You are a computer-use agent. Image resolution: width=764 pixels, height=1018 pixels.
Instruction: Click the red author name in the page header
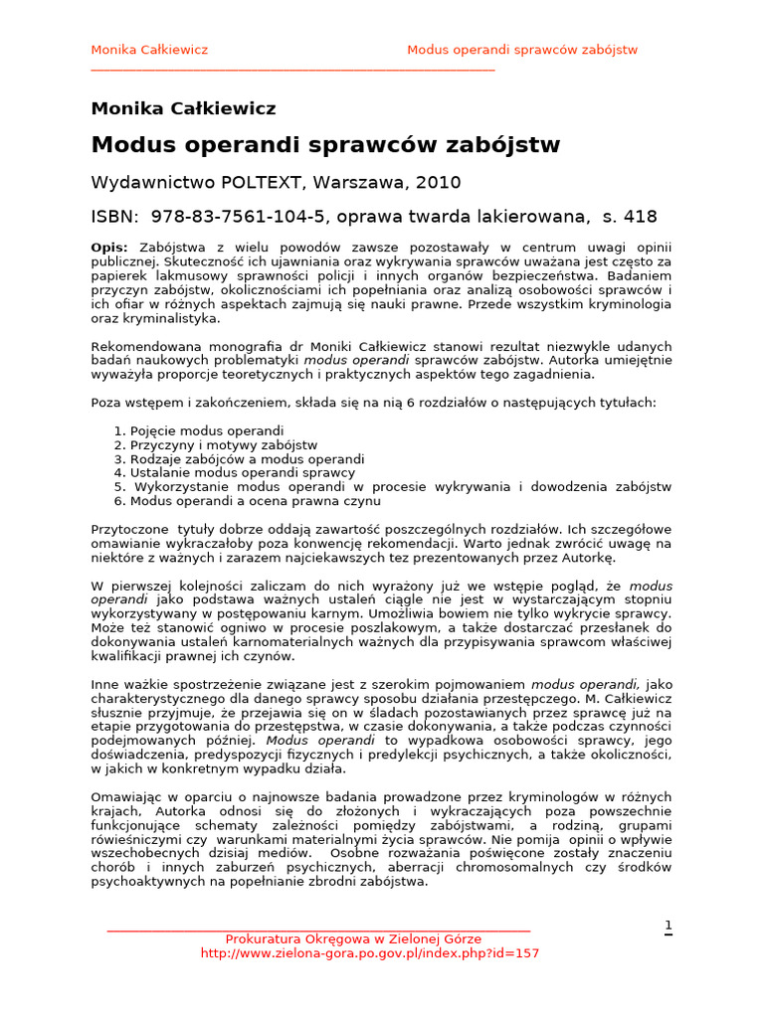pyautogui.click(x=149, y=50)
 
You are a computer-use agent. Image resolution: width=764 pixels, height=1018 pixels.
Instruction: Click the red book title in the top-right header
pyautogui.click(x=522, y=50)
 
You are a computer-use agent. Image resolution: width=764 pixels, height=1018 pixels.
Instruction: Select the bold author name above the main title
pyautogui.click(x=183, y=108)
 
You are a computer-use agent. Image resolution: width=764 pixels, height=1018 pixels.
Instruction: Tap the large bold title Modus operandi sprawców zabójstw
pyautogui.click(x=325, y=145)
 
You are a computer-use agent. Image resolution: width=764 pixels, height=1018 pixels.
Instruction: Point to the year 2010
pyautogui.click(x=439, y=183)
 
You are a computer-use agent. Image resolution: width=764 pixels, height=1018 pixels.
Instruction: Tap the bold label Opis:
pyautogui.click(x=109, y=247)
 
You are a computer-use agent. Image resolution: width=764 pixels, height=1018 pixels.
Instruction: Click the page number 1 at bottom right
pyautogui.click(x=668, y=926)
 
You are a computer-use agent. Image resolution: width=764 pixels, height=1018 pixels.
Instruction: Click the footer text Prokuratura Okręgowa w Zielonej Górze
pyautogui.click(x=353, y=938)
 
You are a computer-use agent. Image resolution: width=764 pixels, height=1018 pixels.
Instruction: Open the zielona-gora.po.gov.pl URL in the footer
pyautogui.click(x=369, y=952)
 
